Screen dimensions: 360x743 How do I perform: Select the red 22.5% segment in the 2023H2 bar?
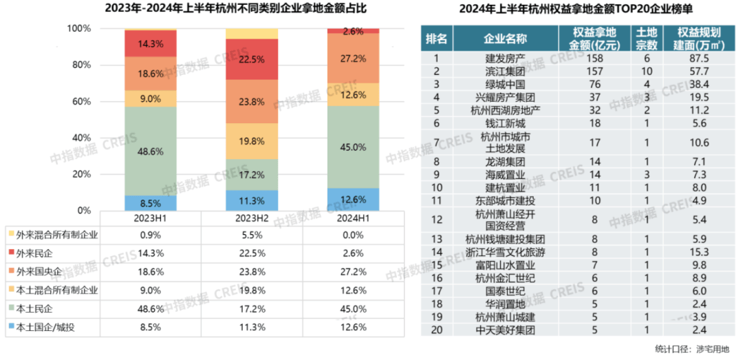coord(252,59)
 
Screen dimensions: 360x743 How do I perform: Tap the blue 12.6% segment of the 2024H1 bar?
coord(353,200)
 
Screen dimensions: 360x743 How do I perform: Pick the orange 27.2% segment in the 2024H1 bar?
coord(353,59)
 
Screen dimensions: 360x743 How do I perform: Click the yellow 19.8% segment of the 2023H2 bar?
coord(252,141)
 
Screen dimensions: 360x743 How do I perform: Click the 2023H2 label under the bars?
coord(252,218)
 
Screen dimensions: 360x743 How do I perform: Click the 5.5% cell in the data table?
coord(252,234)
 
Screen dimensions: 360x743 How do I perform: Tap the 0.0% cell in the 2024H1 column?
coord(353,234)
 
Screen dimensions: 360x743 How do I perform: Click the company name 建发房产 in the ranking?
coord(506,59)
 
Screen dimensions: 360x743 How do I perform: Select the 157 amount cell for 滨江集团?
coord(595,72)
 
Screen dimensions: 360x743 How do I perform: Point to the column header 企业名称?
coord(506,38)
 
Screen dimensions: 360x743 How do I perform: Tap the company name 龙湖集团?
coord(506,162)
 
